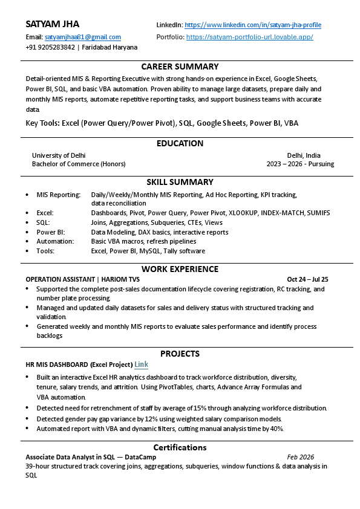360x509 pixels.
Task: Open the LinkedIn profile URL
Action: pos(252,25)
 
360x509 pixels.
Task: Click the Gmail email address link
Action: pos(83,37)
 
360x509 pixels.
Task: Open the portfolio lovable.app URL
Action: pos(249,37)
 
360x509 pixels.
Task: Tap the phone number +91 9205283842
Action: pos(51,47)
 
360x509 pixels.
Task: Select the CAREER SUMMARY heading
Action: pos(180,66)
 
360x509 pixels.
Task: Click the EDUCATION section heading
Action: pos(180,143)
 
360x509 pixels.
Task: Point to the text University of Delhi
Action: pos(59,155)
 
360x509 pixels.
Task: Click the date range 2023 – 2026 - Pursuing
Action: pos(300,164)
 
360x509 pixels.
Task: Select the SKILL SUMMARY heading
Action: pos(180,182)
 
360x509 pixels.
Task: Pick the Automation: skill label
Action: pos(55,241)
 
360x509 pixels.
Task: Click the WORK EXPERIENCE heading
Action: pos(180,269)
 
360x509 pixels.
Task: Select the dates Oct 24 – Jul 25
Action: pos(307,279)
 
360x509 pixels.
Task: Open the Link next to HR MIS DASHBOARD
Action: pos(141,365)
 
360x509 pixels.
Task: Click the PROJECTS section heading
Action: pos(180,354)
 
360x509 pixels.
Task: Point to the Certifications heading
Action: pos(180,447)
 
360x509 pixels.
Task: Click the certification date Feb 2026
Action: pos(300,457)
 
